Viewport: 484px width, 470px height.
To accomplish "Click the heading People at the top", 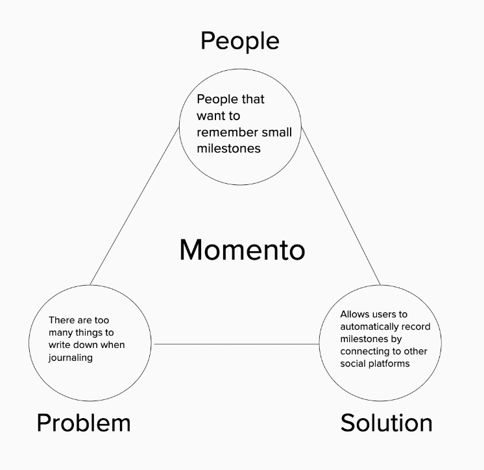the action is point(240,41).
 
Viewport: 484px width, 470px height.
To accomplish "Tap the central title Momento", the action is point(242,250).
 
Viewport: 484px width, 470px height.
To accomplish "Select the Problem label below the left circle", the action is point(84,424).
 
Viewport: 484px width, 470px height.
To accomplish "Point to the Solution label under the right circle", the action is point(387,423).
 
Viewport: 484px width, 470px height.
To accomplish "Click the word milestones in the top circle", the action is point(229,149).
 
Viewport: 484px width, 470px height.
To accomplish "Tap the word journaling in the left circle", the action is point(70,358).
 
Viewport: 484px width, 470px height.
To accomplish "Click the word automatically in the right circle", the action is point(370,327).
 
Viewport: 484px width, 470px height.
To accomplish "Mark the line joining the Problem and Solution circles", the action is point(237,343).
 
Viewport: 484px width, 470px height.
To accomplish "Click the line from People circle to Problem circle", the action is point(134,206).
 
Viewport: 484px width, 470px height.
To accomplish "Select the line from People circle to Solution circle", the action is point(341,206).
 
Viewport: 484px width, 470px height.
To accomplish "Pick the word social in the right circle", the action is point(352,364).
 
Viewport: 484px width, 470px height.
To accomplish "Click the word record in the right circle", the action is point(417,327).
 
